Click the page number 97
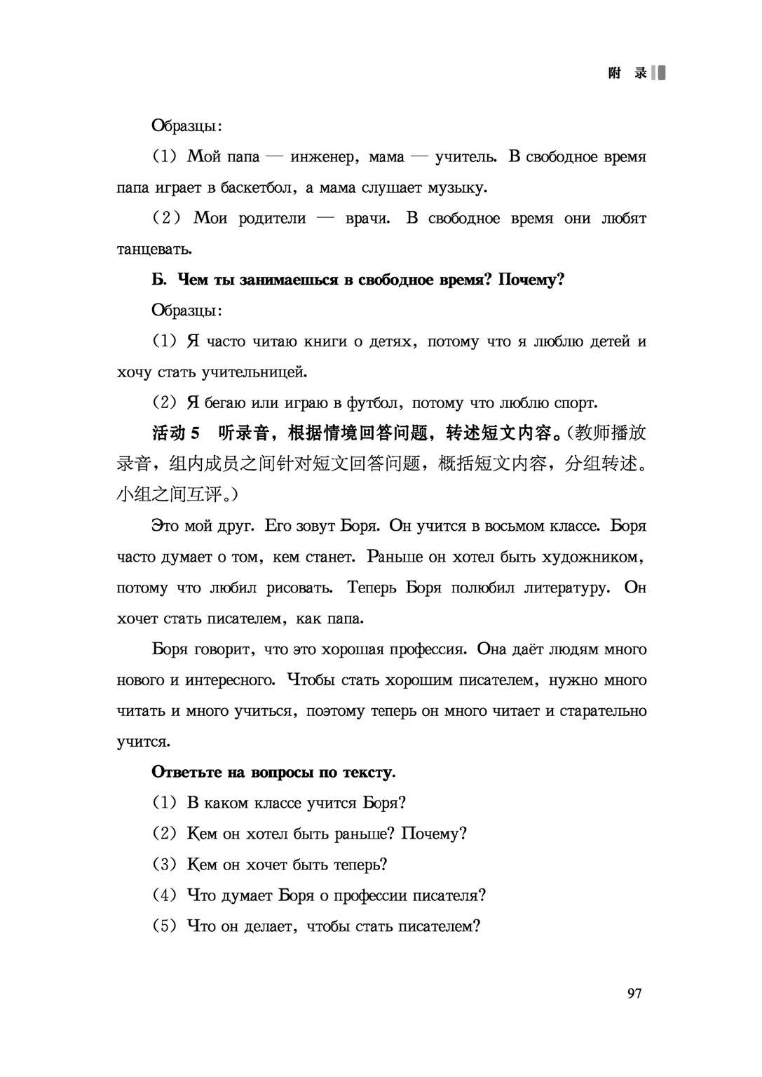[634, 993]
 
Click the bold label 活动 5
[176, 433]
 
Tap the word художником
[595, 557]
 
